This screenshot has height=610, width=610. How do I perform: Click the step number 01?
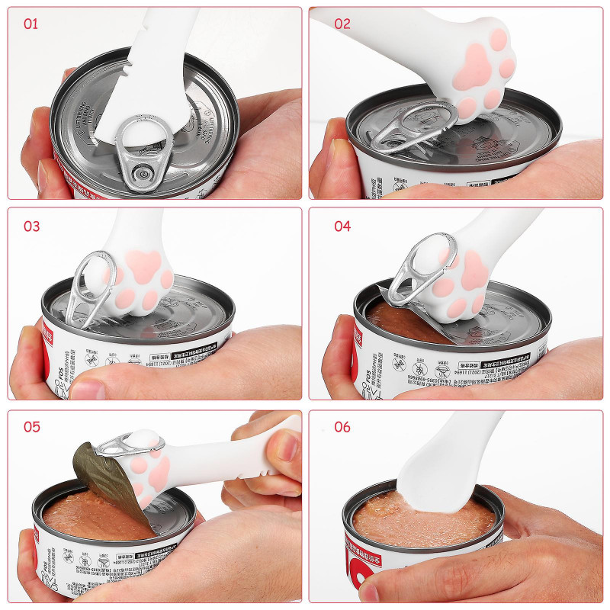[x=30, y=24]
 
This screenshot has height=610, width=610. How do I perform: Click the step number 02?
[x=342, y=24]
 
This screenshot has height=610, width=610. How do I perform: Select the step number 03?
[x=31, y=226]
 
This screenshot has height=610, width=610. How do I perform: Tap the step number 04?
[x=342, y=226]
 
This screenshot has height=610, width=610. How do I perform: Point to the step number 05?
[x=31, y=426]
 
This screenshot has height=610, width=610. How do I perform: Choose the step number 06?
[x=342, y=426]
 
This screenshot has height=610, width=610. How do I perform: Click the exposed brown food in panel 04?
[x=396, y=320]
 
